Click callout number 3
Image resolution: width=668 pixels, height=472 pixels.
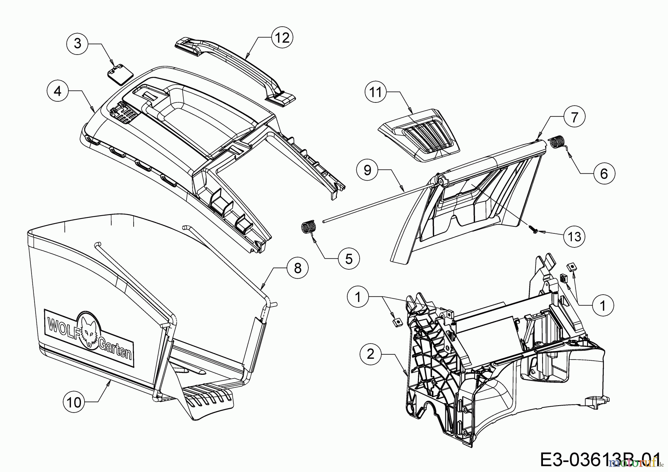[x=77, y=43]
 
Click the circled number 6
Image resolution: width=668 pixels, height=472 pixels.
[x=604, y=173]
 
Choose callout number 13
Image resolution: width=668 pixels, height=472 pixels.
[x=574, y=236]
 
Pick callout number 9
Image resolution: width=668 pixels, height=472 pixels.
[x=367, y=170]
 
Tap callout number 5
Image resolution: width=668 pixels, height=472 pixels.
[x=349, y=258]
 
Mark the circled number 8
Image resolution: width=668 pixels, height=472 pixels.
[x=298, y=268]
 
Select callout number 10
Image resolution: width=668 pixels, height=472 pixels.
[x=74, y=402]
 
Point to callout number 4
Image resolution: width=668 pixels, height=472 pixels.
[x=58, y=91]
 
